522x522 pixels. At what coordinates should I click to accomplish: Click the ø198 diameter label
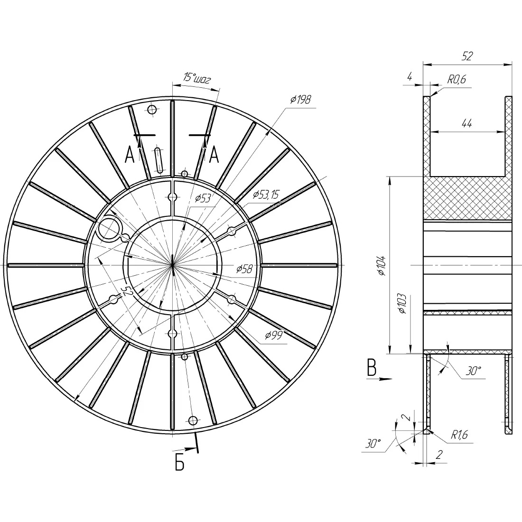coord(300,99)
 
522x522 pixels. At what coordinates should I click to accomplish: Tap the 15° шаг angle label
coord(197,78)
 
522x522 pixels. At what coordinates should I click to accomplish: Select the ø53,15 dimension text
coord(266,194)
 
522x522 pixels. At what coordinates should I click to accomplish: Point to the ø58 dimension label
coord(244,269)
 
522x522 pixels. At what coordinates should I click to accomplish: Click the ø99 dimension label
coord(274,335)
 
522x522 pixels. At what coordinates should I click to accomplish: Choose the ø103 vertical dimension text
coord(402,304)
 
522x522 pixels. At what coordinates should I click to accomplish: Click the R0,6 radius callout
coord(457,79)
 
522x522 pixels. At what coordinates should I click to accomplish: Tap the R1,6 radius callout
coord(459,434)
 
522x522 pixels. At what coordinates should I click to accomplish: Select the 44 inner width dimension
coord(467,123)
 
